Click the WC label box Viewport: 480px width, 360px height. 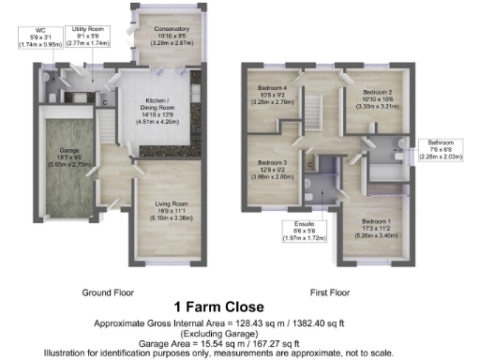click(x=39, y=37)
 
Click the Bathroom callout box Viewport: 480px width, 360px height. click(x=439, y=149)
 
